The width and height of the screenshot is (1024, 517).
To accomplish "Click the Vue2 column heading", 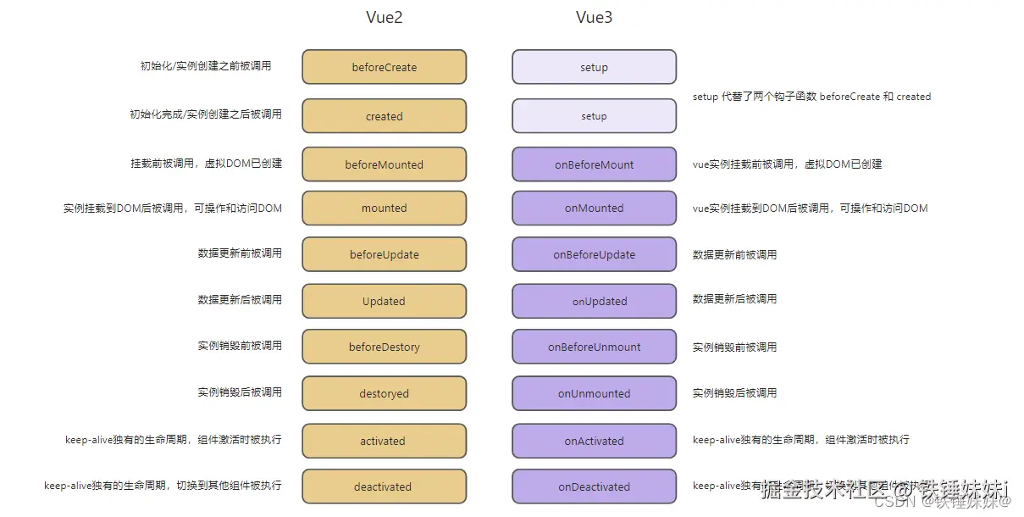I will pyautogui.click(x=384, y=18).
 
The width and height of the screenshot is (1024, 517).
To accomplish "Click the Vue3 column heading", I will pyautogui.click(x=594, y=18).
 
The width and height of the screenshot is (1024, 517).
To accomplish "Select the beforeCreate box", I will pyautogui.click(x=384, y=67).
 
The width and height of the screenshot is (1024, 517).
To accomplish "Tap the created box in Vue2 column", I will pyautogui.click(x=384, y=116).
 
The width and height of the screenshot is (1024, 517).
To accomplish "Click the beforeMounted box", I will pyautogui.click(x=384, y=164).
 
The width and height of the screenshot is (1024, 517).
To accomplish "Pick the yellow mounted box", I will pyautogui.click(x=384, y=208).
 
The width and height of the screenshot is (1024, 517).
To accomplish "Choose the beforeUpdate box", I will pyautogui.click(x=384, y=254).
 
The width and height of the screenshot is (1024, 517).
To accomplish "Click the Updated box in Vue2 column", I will pyautogui.click(x=384, y=301).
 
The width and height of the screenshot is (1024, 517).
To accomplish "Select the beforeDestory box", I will pyautogui.click(x=384, y=347).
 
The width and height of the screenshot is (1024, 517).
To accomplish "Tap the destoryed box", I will pyautogui.click(x=384, y=393).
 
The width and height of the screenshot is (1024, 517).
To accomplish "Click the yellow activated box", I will pyautogui.click(x=384, y=441).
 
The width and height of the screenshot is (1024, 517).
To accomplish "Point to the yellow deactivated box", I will pyautogui.click(x=384, y=486).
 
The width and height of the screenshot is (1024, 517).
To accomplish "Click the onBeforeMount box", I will pyautogui.click(x=594, y=164).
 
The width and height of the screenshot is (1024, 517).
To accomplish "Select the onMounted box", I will pyautogui.click(x=594, y=208).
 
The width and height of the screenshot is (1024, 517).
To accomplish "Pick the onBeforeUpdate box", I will pyautogui.click(x=594, y=254).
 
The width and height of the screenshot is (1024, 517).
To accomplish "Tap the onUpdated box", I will pyautogui.click(x=594, y=301).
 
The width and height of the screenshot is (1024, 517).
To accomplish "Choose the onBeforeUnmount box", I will pyautogui.click(x=594, y=347).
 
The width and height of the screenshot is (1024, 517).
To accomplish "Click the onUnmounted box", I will pyautogui.click(x=594, y=393).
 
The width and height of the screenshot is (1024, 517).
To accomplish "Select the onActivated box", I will pyautogui.click(x=594, y=441).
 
